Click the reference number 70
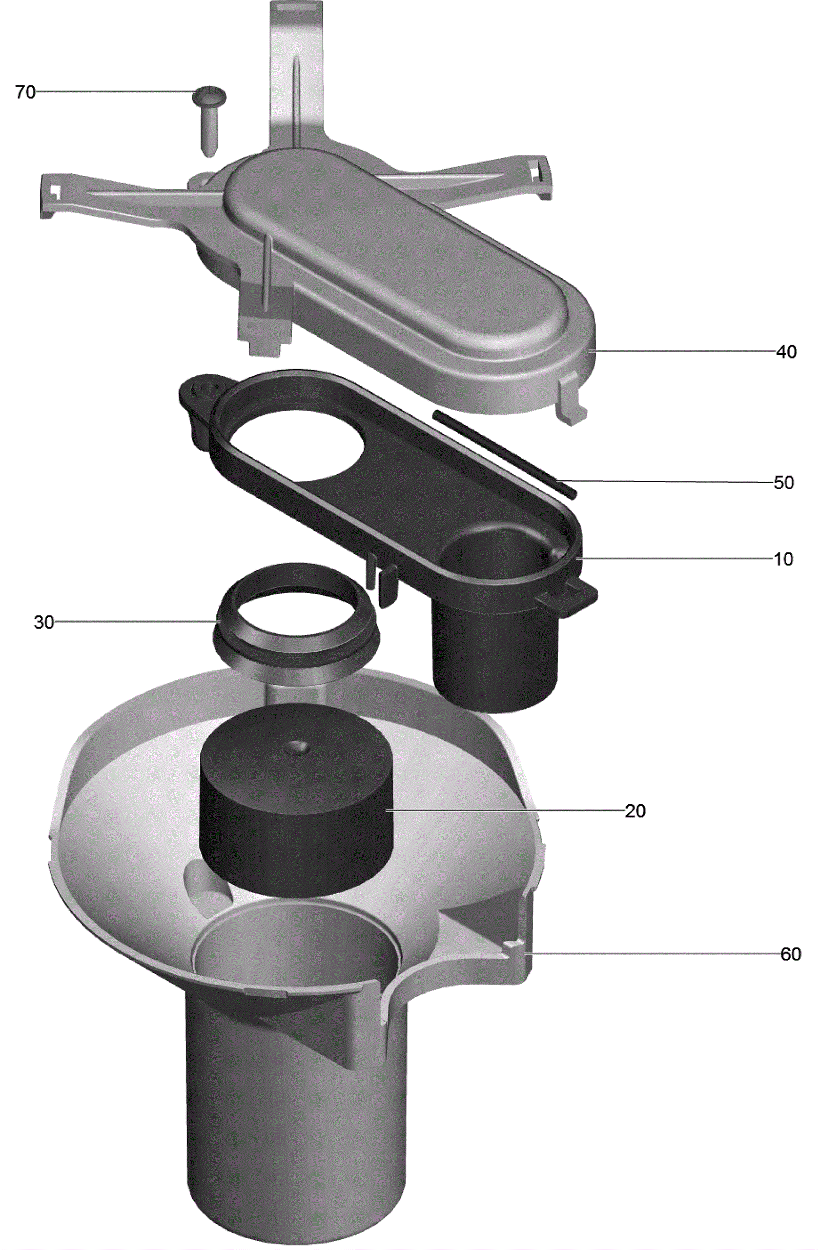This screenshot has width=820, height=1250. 25,92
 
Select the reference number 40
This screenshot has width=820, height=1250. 786,351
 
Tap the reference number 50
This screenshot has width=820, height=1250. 783,482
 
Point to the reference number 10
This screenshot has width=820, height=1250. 783,559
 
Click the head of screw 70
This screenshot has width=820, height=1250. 209,95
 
